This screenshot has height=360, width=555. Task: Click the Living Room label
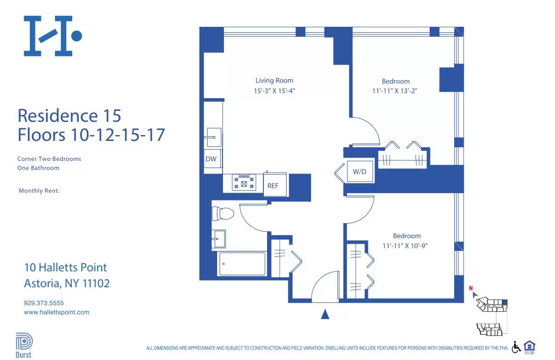tap(274, 80)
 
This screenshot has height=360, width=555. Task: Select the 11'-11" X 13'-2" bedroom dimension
tap(395, 90)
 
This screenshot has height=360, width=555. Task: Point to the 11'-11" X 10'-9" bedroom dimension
tap(406, 245)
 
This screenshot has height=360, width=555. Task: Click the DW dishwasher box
tap(211, 159)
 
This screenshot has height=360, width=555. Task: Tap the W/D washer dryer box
tap(360, 172)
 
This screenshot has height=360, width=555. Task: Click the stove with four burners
tap(244, 182)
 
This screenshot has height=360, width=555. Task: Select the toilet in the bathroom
tap(222, 214)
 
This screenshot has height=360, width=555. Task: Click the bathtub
tap(242, 264)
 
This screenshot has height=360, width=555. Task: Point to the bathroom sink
tap(218, 238)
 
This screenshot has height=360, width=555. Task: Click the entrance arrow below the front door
tap(325, 314)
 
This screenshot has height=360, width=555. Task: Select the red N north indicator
tap(471, 288)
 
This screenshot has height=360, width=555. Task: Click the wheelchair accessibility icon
tap(516, 347)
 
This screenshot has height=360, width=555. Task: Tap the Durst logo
tap(23, 345)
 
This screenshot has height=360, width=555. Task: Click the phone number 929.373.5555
tap(44, 303)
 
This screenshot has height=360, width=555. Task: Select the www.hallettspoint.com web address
tap(56, 312)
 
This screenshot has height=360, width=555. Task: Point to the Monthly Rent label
tap(39, 191)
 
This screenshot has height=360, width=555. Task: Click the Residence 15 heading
tap(69, 115)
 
